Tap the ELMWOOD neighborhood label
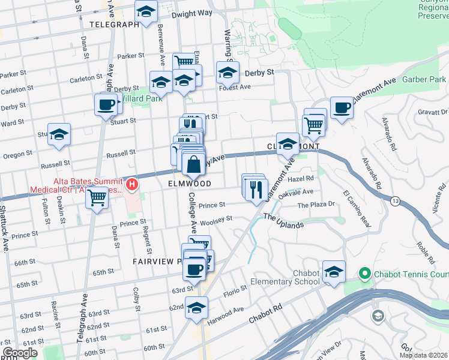coord(190,183)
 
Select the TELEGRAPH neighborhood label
coord(113,25)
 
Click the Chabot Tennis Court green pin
coord(363,274)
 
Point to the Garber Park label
coord(424,79)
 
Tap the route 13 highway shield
coord(394,200)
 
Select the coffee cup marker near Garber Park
coord(342,108)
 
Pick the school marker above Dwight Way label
coord(145,11)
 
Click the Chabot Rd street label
coord(267,316)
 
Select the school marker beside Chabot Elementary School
coord(334,272)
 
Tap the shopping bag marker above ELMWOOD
coord(194,163)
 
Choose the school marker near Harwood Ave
coord(196,308)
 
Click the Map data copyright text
coord(424,355)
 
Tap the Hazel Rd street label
coord(301,178)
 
